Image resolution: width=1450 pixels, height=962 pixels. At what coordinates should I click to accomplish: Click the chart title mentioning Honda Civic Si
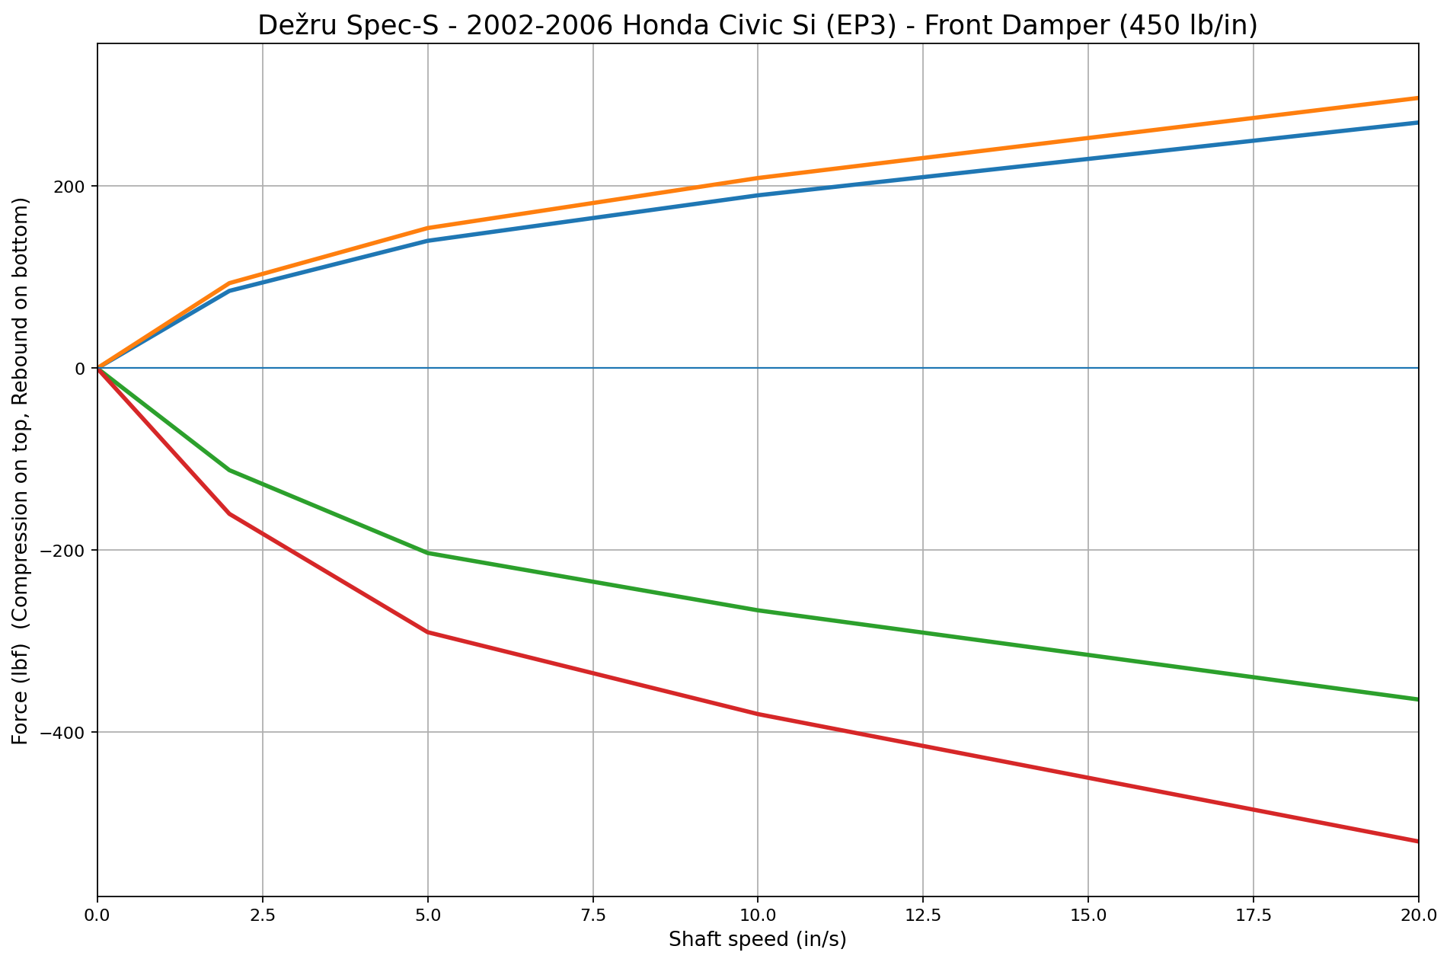[757, 25]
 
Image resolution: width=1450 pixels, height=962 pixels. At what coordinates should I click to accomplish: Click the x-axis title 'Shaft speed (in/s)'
[757, 940]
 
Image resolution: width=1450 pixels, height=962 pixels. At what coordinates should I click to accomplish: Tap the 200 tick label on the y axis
[74, 187]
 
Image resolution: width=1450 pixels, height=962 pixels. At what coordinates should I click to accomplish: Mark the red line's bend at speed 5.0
[428, 632]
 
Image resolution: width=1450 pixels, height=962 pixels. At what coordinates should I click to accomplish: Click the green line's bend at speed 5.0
[428, 553]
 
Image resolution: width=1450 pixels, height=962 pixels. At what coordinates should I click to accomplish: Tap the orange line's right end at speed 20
[1417, 98]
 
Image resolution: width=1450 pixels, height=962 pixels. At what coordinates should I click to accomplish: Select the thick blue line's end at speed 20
[1417, 123]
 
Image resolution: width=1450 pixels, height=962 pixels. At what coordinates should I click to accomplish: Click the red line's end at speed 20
[1417, 841]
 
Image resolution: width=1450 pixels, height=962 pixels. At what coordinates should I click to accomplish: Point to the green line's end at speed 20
[1417, 699]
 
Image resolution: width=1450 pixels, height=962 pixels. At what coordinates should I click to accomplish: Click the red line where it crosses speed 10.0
[758, 714]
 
